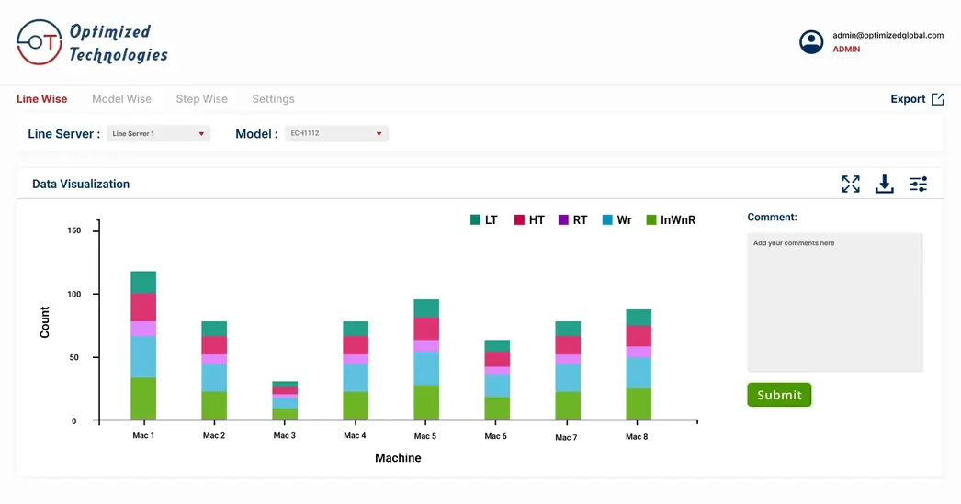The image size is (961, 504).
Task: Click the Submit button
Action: coord(779,395)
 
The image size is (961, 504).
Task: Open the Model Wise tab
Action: coord(121,99)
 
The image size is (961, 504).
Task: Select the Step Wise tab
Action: coord(201,99)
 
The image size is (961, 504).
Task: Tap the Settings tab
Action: coord(273,99)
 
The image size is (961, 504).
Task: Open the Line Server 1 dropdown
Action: coord(158,134)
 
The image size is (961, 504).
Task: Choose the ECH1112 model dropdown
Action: coord(336,134)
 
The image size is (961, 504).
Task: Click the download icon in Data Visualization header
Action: coord(884,185)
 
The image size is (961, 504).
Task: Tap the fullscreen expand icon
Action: coord(851,185)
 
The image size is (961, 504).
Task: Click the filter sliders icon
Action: coord(918,185)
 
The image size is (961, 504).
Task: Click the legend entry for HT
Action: coord(529,220)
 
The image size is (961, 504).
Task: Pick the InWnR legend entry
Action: coord(671,220)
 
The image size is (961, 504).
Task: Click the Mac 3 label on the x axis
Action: coord(285,436)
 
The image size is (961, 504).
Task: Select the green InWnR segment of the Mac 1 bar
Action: coord(143,398)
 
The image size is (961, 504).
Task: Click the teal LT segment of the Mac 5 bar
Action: coord(425,308)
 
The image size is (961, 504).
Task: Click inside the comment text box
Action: coord(834,303)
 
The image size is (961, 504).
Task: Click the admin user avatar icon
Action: coord(811,42)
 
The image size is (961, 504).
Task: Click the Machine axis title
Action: coord(398,458)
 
